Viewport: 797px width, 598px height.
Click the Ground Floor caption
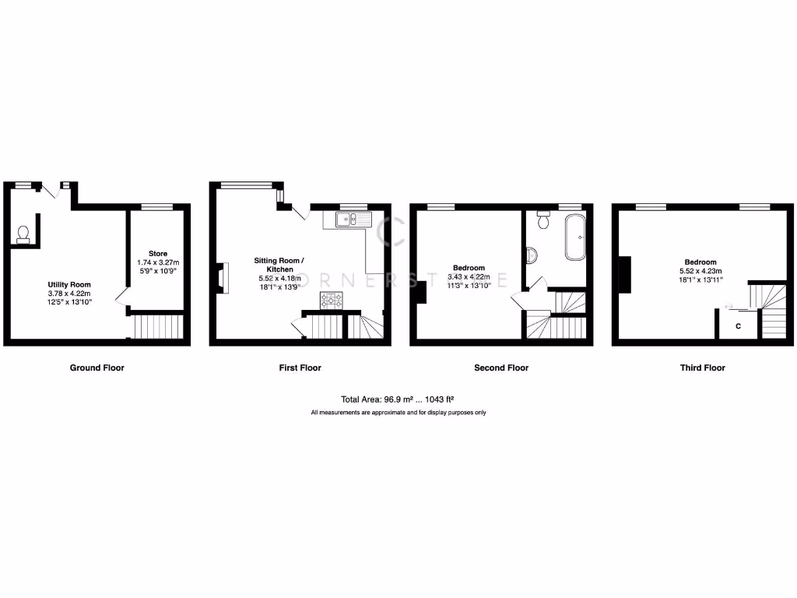(97, 368)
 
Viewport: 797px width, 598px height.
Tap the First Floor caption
(300, 368)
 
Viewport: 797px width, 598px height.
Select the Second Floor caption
(501, 368)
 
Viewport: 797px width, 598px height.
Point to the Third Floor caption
(702, 368)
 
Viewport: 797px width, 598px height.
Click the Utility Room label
(69, 284)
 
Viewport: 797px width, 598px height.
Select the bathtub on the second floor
(576, 236)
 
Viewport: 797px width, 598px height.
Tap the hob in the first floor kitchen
(332, 301)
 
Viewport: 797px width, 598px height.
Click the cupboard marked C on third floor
(738, 325)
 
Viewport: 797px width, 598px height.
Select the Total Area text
(398, 398)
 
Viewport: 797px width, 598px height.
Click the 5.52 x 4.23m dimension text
(700, 270)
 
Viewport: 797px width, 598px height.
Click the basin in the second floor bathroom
(531, 255)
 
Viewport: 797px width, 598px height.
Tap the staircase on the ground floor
(158, 326)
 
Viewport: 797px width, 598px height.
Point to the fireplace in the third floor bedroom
(625, 275)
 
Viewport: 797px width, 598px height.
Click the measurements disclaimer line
(398, 413)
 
